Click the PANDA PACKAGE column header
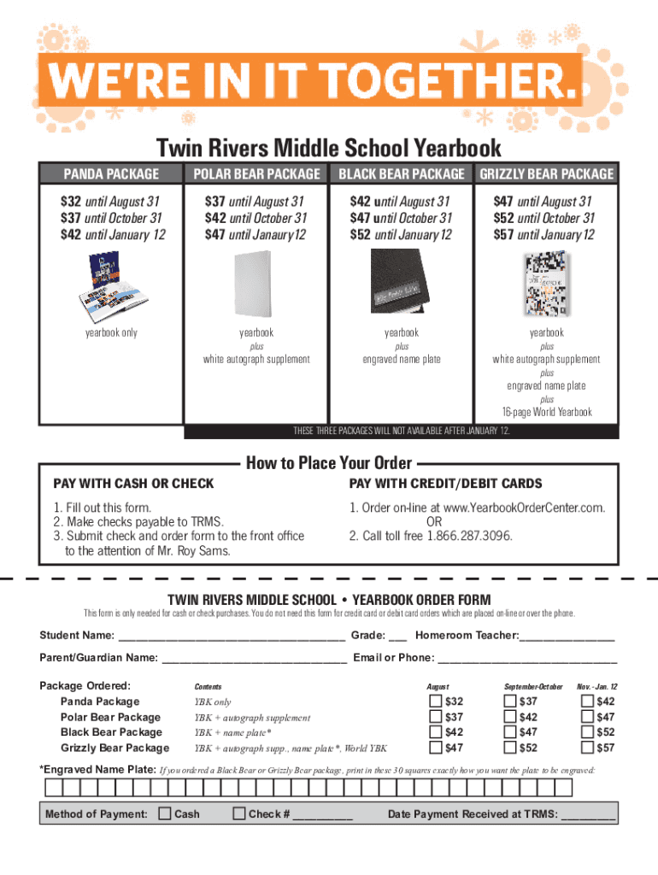point(111,174)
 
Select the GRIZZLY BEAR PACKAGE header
point(547,174)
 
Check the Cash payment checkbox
point(165,813)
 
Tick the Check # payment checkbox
point(239,813)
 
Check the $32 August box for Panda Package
point(434,702)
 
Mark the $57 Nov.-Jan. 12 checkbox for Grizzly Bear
point(587,749)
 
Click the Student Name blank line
point(231,637)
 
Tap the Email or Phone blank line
point(527,659)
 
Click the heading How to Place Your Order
point(329,464)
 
